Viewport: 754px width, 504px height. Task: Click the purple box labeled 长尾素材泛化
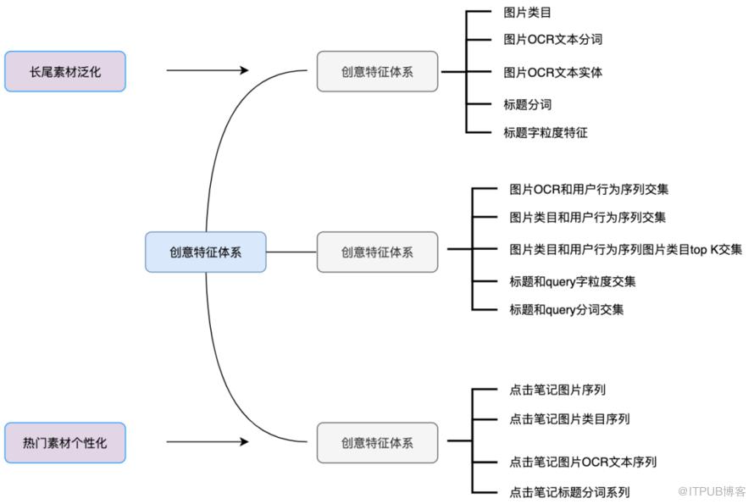coord(65,71)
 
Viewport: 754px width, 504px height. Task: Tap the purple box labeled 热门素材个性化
coord(65,442)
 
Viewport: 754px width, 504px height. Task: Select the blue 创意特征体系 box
coord(205,252)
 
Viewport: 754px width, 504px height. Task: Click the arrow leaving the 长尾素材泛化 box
coord(208,70)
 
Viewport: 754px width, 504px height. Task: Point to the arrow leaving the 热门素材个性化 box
coord(208,441)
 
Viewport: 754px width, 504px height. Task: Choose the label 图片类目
coord(527,13)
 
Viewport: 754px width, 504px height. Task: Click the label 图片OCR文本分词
coord(552,39)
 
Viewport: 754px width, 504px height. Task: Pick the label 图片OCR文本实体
coord(552,72)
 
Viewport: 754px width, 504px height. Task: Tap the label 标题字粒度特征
coord(546,132)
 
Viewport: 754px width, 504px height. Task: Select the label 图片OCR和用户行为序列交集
coord(589,189)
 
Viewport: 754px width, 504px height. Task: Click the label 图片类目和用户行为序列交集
coord(588,218)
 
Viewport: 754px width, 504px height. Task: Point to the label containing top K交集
coord(625,249)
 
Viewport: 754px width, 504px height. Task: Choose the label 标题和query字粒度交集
coord(572,281)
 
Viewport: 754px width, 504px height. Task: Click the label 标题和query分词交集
coord(567,309)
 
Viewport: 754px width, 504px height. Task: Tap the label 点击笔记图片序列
coord(557,390)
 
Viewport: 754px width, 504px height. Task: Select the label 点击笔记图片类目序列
coord(569,419)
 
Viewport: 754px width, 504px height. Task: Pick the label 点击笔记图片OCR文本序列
coord(583,462)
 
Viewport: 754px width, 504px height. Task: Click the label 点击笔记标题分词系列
coord(569,492)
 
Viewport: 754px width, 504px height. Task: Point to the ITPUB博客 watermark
coord(711,491)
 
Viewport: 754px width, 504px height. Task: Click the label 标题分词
coord(527,104)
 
